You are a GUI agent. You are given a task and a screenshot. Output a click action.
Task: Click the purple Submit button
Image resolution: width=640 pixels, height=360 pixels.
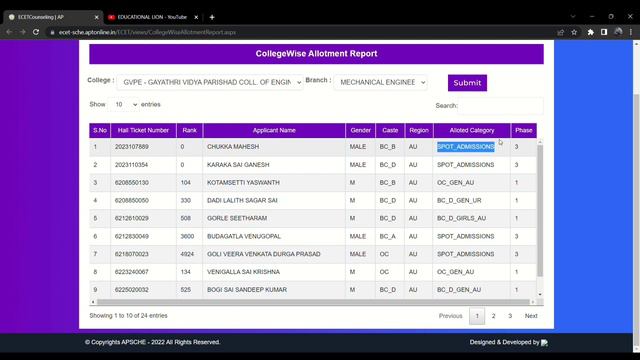[467, 83]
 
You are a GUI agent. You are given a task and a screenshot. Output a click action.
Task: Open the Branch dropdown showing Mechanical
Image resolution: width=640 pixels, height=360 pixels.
[380, 83]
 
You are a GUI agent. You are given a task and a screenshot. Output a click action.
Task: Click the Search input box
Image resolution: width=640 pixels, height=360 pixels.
[501, 105]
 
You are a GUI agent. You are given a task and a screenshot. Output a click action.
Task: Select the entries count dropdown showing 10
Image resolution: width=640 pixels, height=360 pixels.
[124, 104]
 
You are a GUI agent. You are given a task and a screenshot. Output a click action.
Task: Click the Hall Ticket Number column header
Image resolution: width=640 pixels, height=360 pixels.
[144, 130]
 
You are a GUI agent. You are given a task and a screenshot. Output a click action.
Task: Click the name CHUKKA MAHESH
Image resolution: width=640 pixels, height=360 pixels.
[232, 147]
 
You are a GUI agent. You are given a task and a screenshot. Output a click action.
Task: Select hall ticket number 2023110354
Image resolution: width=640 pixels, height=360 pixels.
[131, 164]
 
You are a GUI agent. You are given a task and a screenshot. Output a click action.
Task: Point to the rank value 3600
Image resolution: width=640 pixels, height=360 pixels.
[187, 236]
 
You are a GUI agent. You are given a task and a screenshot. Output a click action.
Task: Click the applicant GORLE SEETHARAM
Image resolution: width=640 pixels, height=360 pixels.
[236, 218]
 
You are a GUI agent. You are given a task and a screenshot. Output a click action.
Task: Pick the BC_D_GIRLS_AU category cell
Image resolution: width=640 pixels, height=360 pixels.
[461, 218]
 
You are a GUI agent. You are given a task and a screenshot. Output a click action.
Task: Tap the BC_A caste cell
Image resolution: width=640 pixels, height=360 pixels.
[387, 236]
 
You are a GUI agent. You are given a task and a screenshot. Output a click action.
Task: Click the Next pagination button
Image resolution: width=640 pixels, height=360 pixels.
[531, 316]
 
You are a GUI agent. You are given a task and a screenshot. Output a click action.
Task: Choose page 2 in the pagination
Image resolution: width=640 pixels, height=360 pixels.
[493, 316]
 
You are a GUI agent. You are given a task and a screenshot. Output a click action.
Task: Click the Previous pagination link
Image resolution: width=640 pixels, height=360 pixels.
[450, 316]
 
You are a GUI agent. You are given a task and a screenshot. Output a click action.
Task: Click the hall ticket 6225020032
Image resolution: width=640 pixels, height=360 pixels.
[131, 290]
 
